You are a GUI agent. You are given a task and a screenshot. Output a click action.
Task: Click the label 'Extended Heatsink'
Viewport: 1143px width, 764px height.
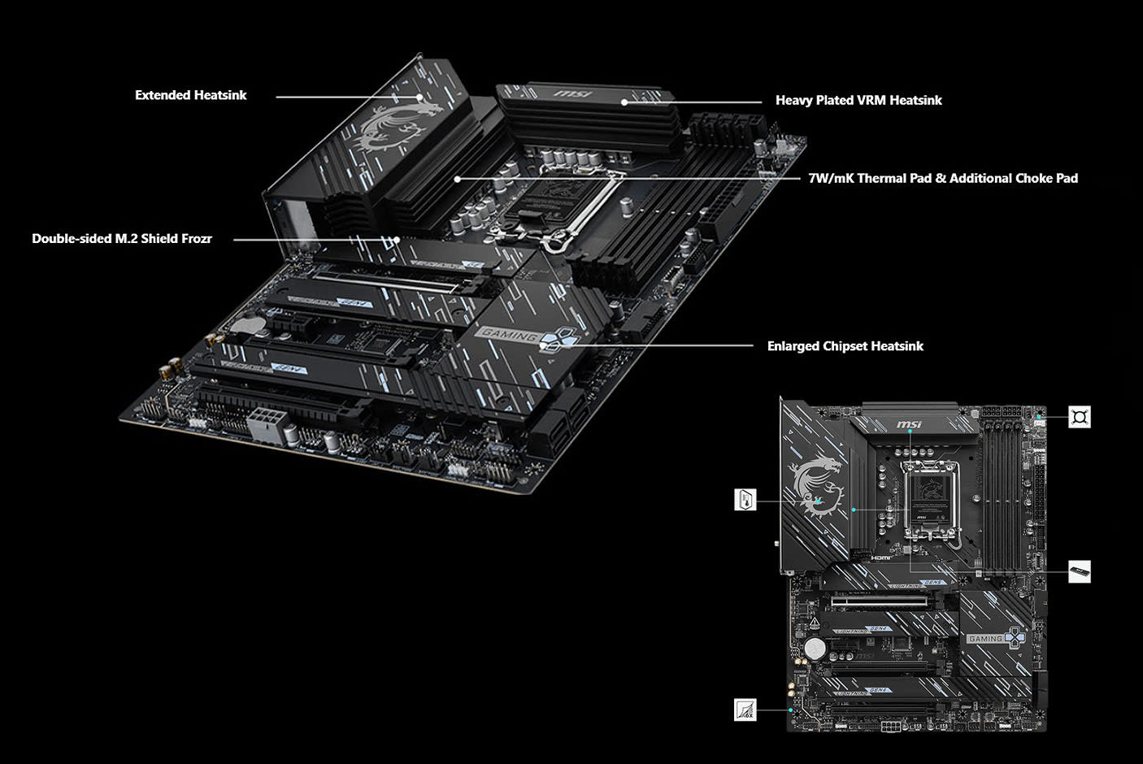coord(190,95)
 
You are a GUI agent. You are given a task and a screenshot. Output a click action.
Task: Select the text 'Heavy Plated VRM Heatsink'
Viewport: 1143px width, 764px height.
coord(858,100)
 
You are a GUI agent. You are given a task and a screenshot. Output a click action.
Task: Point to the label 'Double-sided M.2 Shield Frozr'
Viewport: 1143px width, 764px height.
coord(122,238)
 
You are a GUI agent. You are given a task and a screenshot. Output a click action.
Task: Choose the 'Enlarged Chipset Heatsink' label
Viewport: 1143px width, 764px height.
coord(845,345)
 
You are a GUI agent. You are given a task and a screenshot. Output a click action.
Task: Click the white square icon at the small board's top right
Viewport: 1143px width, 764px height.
coord(1079,417)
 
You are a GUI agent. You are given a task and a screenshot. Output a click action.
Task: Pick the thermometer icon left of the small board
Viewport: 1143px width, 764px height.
coord(745,499)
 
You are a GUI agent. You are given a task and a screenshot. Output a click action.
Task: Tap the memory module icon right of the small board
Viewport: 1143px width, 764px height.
coord(1079,571)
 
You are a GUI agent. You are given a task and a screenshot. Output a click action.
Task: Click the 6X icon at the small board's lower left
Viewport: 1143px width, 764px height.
coord(745,710)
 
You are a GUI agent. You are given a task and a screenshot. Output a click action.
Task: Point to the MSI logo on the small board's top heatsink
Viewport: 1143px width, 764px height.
coord(909,425)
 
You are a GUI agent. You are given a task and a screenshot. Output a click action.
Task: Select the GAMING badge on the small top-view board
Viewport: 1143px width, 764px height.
coord(986,639)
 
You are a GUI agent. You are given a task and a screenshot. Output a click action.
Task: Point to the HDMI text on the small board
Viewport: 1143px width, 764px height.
coord(881,558)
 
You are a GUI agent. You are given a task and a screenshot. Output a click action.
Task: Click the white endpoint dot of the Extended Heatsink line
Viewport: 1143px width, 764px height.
coord(420,97)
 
